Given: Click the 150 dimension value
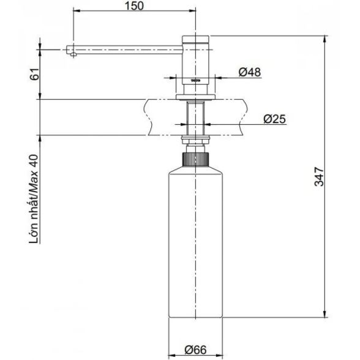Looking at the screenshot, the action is (x=134, y=6).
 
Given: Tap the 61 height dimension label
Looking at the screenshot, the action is (x=34, y=74).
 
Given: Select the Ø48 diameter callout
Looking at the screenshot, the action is (x=250, y=72).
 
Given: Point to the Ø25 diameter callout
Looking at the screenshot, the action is (x=274, y=119).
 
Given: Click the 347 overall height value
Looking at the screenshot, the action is (x=319, y=176).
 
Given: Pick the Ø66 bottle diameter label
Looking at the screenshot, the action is (x=195, y=350).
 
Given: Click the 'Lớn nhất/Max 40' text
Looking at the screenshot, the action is (x=34, y=199).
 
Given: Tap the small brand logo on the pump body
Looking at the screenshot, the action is (x=196, y=81).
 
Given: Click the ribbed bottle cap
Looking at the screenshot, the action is (x=196, y=159).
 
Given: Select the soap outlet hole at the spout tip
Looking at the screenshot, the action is (x=73, y=54).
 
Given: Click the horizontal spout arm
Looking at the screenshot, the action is (x=124, y=50).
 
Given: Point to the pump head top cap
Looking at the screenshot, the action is (x=196, y=39).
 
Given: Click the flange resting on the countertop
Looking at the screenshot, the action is (x=196, y=97).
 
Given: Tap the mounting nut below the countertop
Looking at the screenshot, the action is (x=196, y=140).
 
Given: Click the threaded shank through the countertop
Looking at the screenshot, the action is (x=195, y=118).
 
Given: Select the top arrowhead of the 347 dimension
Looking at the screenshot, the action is (x=324, y=39).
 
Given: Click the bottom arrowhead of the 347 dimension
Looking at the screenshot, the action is (x=324, y=314).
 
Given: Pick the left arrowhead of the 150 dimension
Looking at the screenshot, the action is (x=77, y=10).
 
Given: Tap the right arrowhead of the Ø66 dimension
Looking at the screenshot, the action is (x=219, y=354).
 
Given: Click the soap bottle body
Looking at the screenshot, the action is (x=196, y=242).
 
